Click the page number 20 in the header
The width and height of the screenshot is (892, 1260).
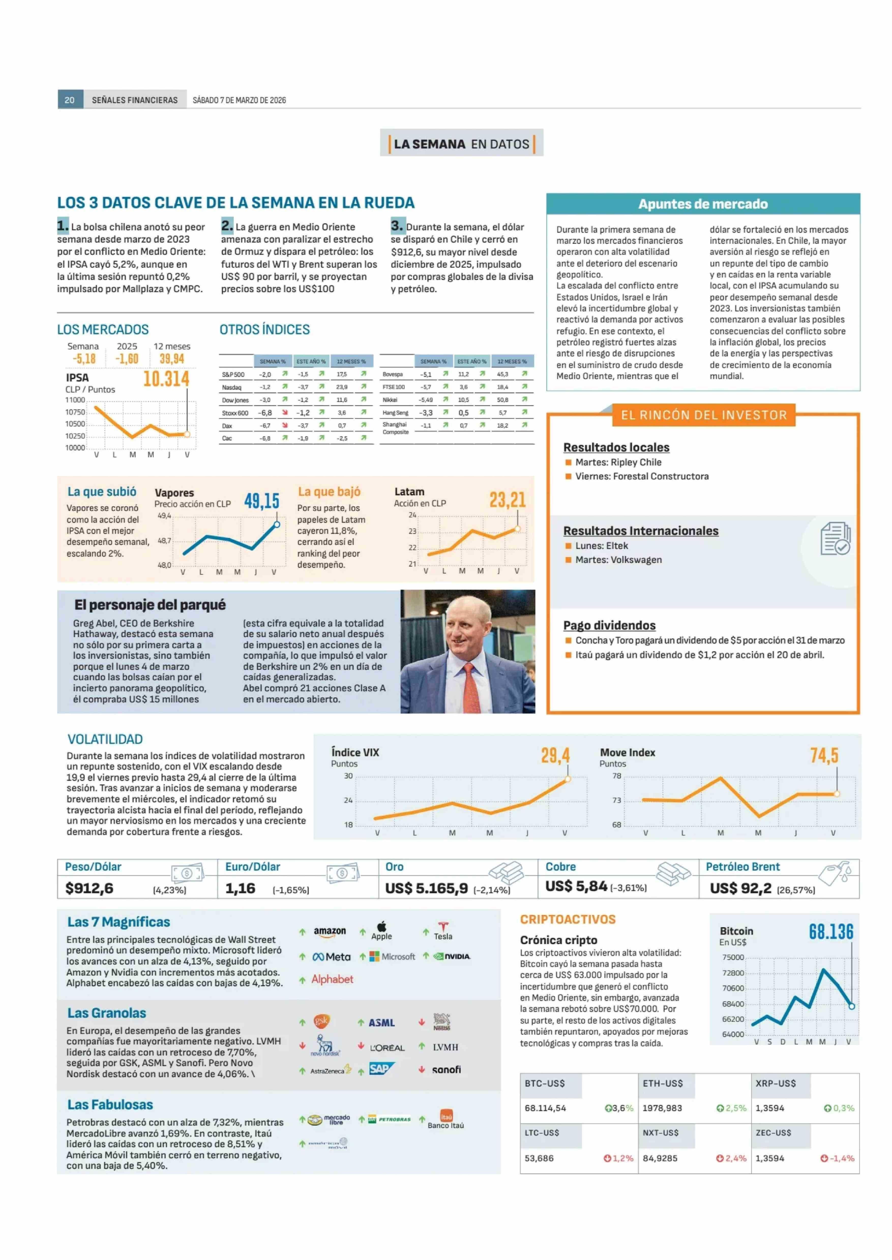(70, 100)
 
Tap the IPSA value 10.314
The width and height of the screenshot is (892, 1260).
(166, 379)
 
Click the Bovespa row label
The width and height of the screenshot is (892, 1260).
(393, 374)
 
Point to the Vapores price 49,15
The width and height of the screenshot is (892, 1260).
(261, 501)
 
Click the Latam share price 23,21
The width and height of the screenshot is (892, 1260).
(508, 500)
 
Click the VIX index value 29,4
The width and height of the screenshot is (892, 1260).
(555, 756)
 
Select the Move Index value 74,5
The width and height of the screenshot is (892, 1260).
(824, 756)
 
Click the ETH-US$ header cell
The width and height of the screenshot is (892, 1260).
(663, 1083)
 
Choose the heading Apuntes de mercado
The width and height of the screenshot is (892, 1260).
(703, 204)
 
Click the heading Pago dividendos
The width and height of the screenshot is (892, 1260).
(609, 625)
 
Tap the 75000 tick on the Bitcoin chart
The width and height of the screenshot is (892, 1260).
(733, 958)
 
